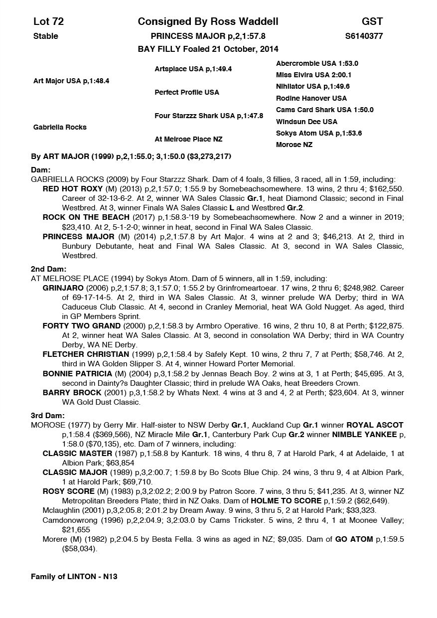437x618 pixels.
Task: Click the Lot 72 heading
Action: pyautogui.click(x=48, y=21)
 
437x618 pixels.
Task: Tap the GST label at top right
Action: pyautogui.click(x=372, y=21)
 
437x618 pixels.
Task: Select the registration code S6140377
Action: pyautogui.click(x=364, y=36)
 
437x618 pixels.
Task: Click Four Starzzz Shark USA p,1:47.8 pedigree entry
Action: pyautogui.click(x=209, y=116)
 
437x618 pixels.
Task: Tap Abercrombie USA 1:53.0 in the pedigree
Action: pyautogui.click(x=317, y=63)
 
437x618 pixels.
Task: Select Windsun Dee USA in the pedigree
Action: pyautogui.click(x=306, y=122)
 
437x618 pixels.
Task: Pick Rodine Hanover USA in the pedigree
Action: pyautogui.click(x=311, y=98)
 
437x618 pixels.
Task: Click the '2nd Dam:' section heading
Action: pyautogui.click(x=45, y=269)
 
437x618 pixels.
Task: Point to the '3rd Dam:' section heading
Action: pyautogui.click(x=44, y=415)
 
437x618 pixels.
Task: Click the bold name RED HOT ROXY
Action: pyautogui.click(x=72, y=189)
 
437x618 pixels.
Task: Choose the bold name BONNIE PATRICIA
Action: pyautogui.click(x=77, y=373)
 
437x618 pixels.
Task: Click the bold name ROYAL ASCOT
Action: pyautogui.click(x=375, y=425)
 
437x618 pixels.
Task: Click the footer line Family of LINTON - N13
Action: pyautogui.click(x=74, y=577)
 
